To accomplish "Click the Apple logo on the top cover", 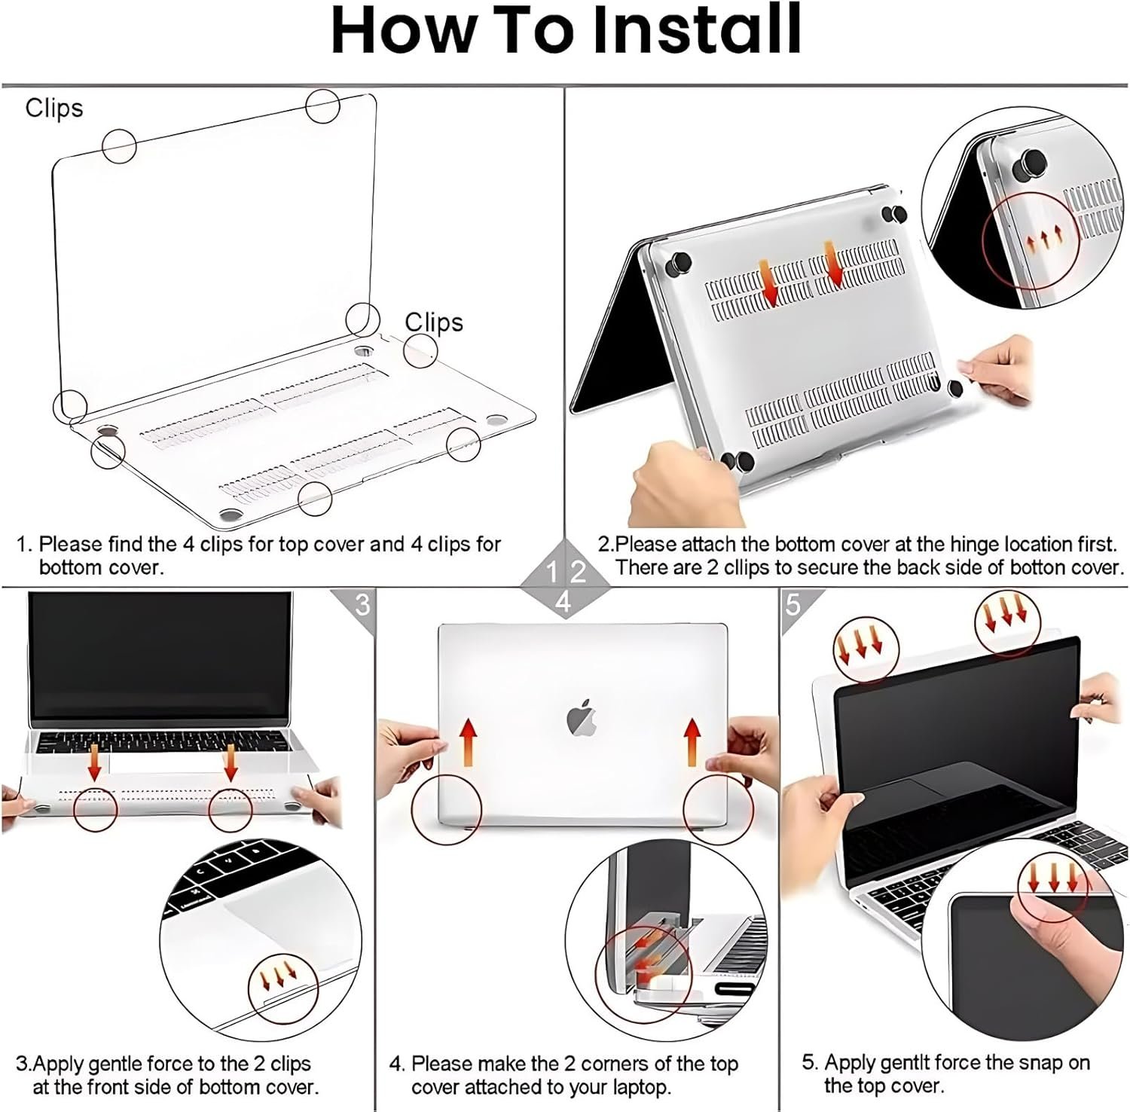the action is coord(582,716).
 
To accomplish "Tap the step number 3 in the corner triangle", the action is coord(362,604).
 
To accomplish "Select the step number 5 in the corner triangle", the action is coord(793,604).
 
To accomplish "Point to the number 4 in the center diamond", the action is coord(563,602).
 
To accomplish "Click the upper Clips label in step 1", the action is coord(54,108).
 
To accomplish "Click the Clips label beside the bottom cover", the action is coord(434,322).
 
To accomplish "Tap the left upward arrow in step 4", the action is coord(469,741).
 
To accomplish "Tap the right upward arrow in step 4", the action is coord(692,741).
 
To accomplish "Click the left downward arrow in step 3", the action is coord(94,762).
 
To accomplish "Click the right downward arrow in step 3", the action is coord(231,762).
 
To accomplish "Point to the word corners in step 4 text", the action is coord(613,1065).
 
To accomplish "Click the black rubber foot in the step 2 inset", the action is coord(1030,163).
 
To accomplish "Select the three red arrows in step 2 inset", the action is coord(1043,237).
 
